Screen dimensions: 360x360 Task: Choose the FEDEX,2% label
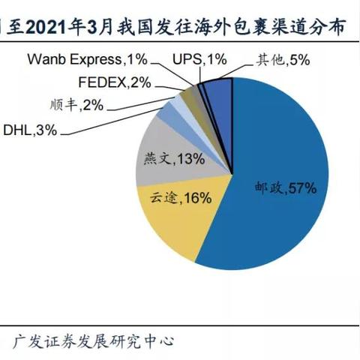[x=114, y=82]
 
